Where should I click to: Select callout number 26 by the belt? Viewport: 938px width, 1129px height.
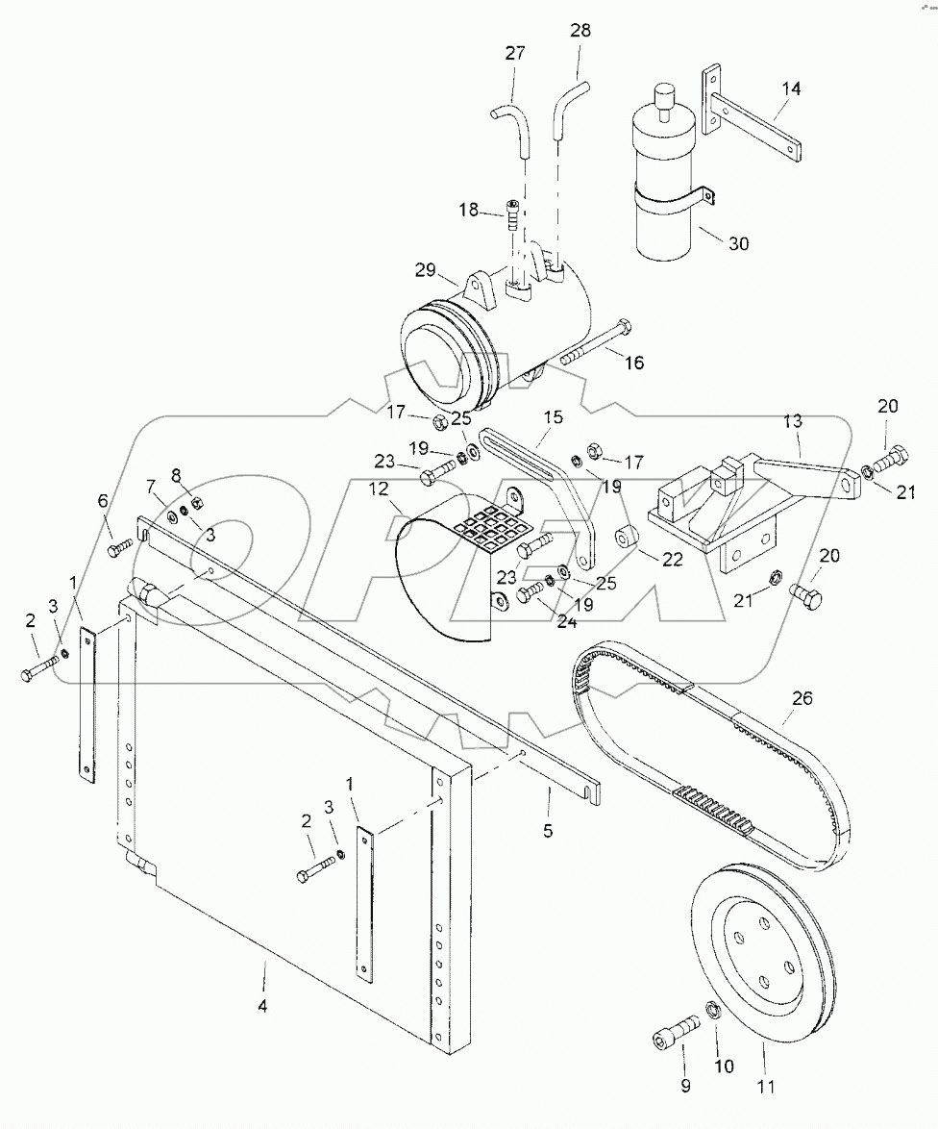tap(802, 698)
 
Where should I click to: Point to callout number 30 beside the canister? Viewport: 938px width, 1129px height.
tap(738, 244)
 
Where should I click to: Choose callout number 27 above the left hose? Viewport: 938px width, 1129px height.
tap(515, 53)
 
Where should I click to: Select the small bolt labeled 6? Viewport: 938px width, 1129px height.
tap(118, 547)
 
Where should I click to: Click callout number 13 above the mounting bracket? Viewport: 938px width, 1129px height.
tap(792, 422)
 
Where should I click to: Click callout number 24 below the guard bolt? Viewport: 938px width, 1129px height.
tap(540, 623)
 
